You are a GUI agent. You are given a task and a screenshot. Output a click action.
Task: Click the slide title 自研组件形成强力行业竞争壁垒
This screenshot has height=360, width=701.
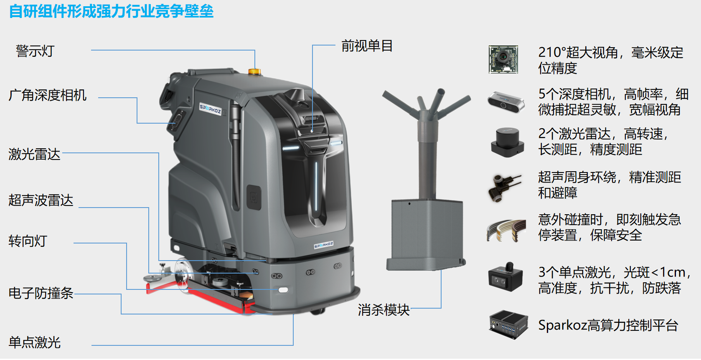[111, 11]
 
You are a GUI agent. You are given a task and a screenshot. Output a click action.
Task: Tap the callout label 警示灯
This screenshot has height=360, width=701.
[35, 51]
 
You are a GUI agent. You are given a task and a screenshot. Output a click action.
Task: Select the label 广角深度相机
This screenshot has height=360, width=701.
[48, 95]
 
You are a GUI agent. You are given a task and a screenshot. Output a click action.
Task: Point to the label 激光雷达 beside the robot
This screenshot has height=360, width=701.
[34, 154]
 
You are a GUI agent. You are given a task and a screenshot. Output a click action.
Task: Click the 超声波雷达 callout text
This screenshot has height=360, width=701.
[41, 200]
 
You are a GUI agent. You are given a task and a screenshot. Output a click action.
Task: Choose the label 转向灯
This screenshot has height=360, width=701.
[28, 241]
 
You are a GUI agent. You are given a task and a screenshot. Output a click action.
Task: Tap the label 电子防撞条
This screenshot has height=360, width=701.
[41, 293]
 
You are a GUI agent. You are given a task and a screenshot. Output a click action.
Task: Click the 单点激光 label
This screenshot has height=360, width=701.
[35, 342]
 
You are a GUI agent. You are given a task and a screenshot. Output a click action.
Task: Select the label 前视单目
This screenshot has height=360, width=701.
[367, 46]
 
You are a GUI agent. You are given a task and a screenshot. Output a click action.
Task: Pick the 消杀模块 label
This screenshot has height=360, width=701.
[384, 310]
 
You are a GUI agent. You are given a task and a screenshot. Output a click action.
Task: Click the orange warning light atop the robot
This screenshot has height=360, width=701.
[254, 71]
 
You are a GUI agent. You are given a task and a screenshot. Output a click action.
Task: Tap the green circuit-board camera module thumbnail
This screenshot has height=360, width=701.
[503, 59]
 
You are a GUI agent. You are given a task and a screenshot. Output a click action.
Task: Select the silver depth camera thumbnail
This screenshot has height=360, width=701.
[505, 102]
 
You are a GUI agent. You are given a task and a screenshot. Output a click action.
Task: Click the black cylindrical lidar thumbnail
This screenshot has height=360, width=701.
[507, 142]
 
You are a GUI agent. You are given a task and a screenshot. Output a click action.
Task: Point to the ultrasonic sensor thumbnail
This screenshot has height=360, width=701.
[504, 187]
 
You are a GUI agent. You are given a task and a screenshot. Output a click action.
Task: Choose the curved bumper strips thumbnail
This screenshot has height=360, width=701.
[506, 230]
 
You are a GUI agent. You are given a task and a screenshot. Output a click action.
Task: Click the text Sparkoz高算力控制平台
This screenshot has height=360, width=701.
[608, 325]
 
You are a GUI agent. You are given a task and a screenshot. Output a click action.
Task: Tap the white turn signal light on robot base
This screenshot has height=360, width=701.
[283, 289]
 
